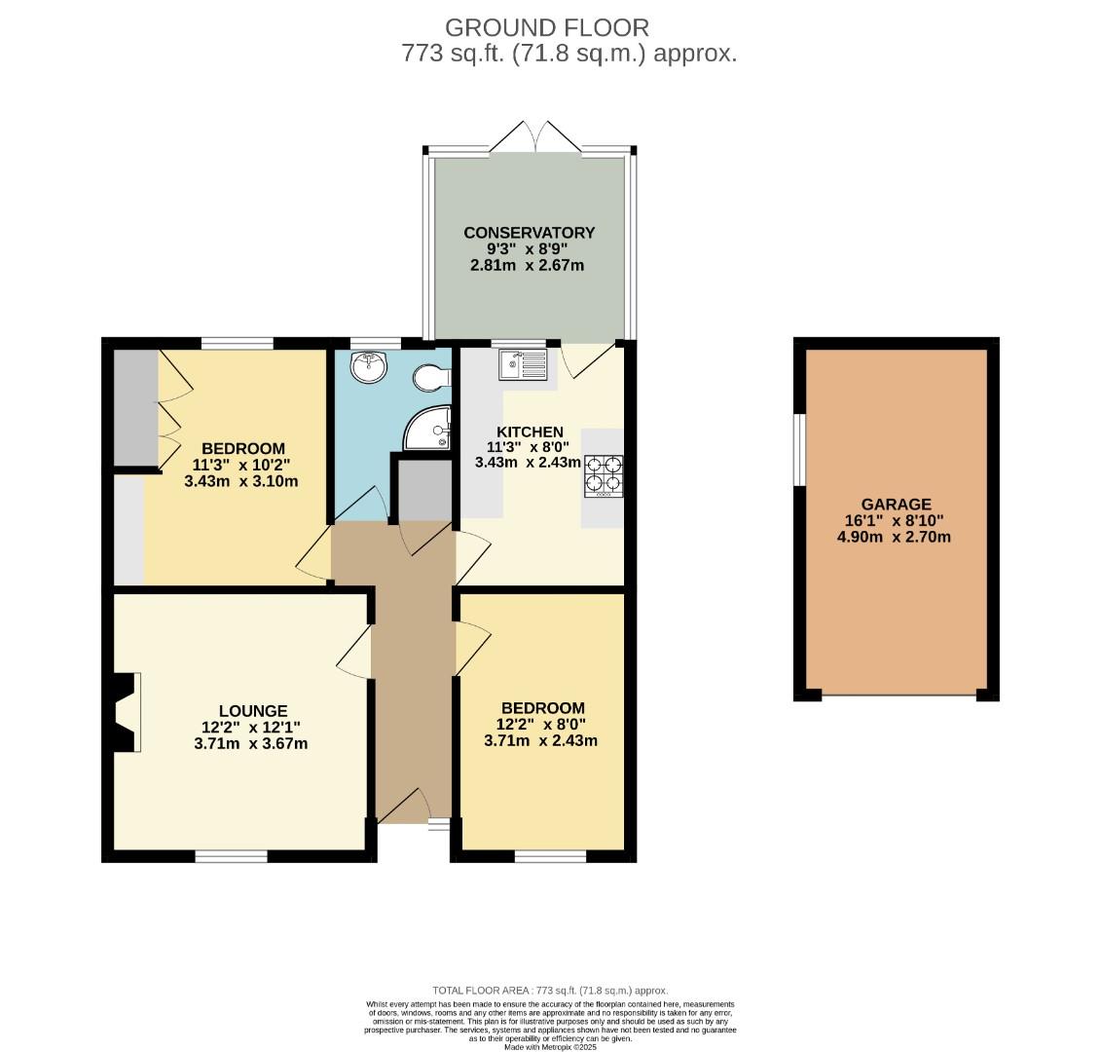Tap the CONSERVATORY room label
click(x=529, y=233)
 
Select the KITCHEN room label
click(x=530, y=432)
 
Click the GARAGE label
click(x=895, y=505)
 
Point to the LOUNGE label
click(x=252, y=711)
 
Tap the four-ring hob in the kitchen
click(x=604, y=476)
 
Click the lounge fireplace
click(x=125, y=712)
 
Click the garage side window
click(x=799, y=449)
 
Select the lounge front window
click(x=231, y=856)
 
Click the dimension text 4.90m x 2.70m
click(x=895, y=537)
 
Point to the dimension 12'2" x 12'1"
click(x=251, y=728)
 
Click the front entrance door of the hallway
click(x=404, y=806)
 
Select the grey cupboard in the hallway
click(x=422, y=491)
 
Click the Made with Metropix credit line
click(x=550, y=1046)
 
